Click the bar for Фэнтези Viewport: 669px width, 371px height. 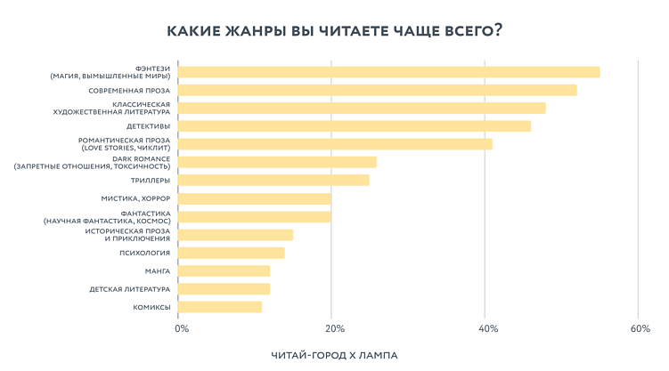click(x=388, y=72)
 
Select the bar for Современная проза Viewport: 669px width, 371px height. click(x=377, y=90)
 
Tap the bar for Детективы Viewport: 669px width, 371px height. click(x=354, y=126)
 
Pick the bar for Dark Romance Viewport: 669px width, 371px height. click(x=277, y=162)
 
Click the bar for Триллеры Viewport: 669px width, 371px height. click(x=273, y=181)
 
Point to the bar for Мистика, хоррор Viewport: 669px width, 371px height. click(x=254, y=198)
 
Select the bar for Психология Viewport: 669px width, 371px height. click(x=231, y=253)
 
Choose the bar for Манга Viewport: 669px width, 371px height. click(x=224, y=270)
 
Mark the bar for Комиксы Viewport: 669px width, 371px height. click(x=219, y=307)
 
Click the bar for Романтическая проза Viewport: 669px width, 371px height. click(x=335, y=144)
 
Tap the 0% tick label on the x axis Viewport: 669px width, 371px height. click(x=181, y=329)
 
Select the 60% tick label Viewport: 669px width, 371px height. click(x=640, y=329)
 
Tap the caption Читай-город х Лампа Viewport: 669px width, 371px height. click(x=334, y=355)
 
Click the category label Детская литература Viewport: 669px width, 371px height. click(x=129, y=289)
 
